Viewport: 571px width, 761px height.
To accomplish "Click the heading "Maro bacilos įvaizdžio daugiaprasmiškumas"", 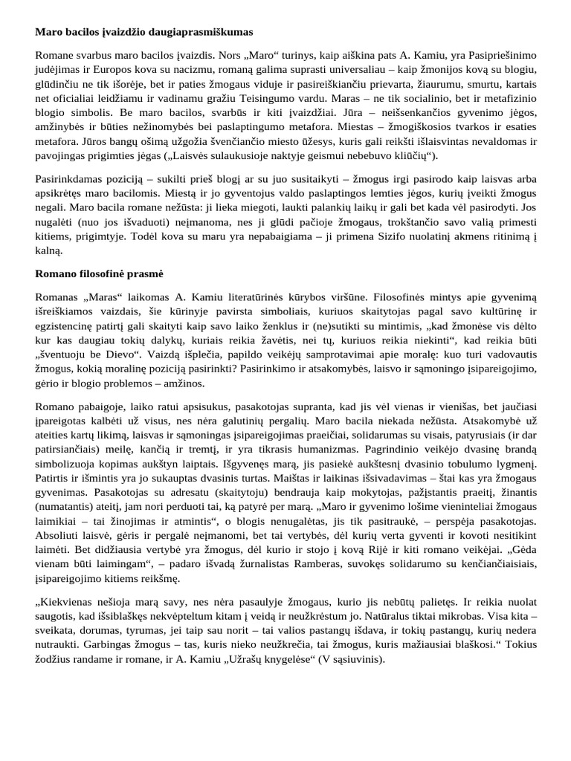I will pos(144,32).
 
